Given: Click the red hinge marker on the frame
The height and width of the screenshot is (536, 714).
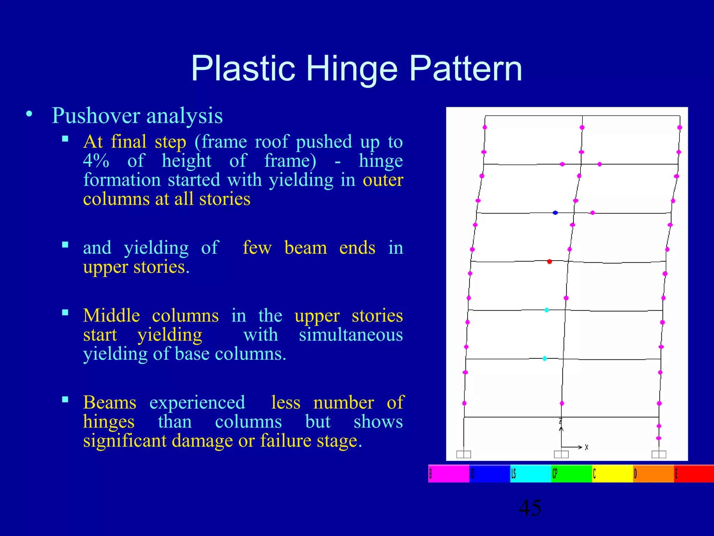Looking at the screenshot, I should (549, 261).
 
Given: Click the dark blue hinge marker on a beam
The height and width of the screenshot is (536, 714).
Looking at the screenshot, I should (555, 213).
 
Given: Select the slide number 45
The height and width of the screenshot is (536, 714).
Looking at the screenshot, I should (530, 508).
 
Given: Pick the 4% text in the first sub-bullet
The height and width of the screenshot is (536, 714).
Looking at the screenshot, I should (96, 161).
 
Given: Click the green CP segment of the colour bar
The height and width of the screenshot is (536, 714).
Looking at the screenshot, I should (572, 474).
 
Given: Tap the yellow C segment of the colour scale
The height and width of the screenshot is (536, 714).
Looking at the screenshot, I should (613, 474).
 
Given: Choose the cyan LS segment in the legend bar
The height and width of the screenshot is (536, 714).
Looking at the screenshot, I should (531, 474).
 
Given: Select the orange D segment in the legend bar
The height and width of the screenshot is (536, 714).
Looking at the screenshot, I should (653, 474).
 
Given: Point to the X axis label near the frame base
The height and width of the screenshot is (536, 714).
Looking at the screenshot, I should (587, 447).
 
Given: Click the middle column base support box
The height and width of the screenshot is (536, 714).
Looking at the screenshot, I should (561, 454).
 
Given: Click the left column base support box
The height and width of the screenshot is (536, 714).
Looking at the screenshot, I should (463, 454).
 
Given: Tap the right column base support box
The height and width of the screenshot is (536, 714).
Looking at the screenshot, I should (659, 454).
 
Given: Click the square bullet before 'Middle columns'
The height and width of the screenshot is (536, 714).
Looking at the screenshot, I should (65, 312).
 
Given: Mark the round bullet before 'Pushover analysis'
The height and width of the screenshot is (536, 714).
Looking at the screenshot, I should (29, 114).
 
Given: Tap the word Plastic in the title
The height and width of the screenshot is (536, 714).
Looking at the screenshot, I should (243, 69).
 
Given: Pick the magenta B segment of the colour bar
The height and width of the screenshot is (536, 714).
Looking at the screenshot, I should (449, 474).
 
